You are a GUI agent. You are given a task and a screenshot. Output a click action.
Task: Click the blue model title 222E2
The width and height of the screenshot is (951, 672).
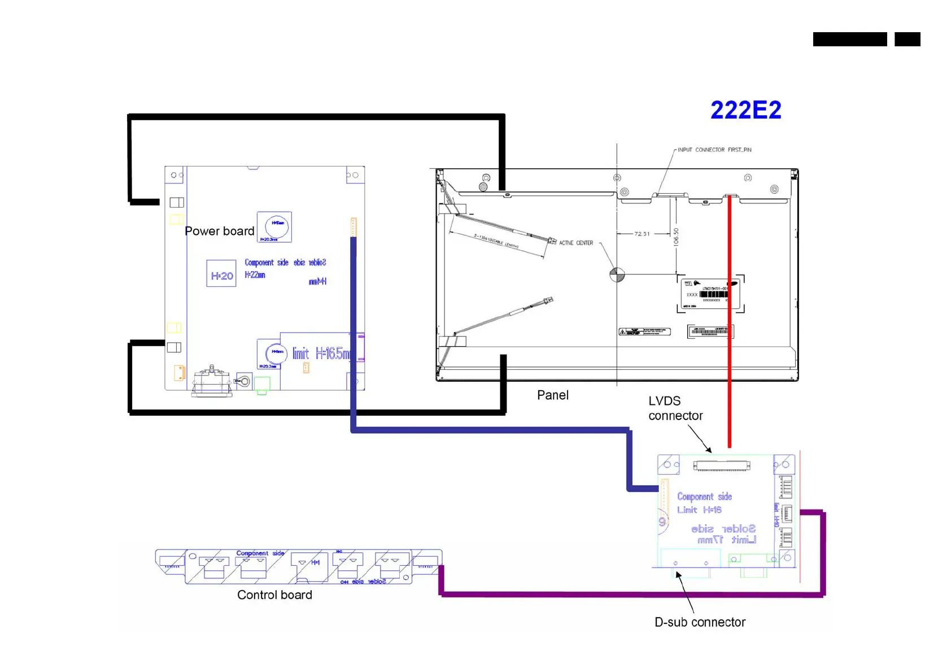point(745,110)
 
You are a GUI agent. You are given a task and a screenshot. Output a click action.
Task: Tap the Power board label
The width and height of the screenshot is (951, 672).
point(219,231)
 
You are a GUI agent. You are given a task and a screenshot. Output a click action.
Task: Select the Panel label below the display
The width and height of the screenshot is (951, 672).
point(552,395)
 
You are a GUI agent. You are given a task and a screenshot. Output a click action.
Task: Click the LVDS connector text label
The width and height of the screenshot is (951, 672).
point(675,408)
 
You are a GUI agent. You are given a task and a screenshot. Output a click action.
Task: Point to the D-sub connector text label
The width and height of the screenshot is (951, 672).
point(700,622)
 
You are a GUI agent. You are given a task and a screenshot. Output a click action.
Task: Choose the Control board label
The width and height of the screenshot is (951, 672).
point(274,595)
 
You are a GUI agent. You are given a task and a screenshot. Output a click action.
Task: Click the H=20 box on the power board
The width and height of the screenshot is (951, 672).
point(221,276)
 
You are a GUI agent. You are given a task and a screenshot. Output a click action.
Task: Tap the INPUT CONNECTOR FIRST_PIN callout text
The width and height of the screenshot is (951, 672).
point(714,150)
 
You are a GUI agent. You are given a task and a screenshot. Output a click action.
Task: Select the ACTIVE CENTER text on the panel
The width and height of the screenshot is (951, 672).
point(576,243)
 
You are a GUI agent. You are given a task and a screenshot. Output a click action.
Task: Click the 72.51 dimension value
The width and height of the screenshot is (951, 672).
point(642,234)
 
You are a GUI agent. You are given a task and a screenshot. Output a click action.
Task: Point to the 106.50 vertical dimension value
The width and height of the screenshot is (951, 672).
point(676,237)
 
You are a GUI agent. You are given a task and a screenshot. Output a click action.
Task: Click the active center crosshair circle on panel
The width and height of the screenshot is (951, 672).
point(617,275)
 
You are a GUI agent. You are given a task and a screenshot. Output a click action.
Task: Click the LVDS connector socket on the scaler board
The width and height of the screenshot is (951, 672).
point(722,466)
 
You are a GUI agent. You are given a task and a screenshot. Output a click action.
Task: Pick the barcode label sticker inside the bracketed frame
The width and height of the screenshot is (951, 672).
point(710,294)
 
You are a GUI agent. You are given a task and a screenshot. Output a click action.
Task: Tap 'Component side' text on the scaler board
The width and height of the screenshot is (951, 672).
point(704,496)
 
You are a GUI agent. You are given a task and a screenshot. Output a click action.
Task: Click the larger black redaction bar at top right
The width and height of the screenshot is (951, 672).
point(849,39)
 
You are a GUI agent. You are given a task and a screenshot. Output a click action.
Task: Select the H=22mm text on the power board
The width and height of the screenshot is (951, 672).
point(255,275)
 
